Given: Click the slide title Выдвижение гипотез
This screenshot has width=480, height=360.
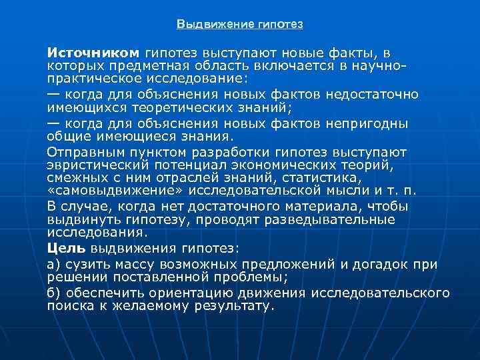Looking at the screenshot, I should tap(239, 25).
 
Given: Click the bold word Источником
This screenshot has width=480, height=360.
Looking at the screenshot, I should tap(93, 53).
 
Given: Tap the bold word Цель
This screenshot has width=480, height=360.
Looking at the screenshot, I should tap(66, 248).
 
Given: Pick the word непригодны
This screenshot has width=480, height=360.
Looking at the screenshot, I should tap(370, 123).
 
